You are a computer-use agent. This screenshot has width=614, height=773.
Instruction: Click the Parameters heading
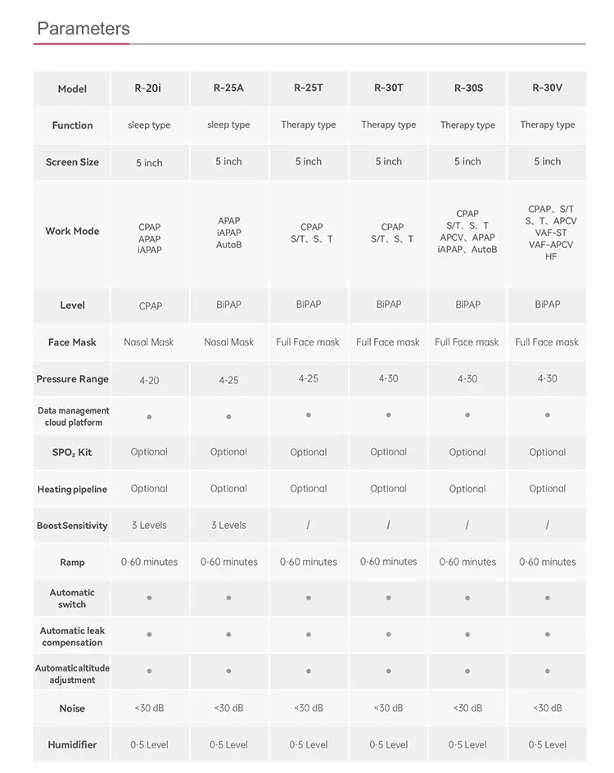(83, 29)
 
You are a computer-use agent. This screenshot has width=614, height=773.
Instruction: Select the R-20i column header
(148, 88)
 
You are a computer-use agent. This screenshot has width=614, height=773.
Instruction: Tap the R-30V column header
(547, 88)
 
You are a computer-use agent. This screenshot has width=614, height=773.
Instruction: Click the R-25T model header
(308, 88)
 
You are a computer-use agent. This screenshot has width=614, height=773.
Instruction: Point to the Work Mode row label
(72, 232)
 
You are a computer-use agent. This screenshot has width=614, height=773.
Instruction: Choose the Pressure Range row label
(72, 379)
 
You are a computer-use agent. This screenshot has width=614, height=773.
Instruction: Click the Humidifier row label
(72, 745)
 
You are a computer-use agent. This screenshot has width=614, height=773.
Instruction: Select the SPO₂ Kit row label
(72, 452)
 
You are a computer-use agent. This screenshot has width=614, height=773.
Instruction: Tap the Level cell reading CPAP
(150, 305)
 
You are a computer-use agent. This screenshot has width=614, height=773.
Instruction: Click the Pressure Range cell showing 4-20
(148, 379)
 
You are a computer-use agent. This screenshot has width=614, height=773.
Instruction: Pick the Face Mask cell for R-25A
(228, 342)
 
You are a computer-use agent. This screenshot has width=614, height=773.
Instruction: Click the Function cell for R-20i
(149, 125)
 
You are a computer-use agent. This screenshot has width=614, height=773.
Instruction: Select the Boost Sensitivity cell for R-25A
(228, 525)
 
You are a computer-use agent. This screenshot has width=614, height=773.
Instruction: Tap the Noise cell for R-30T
(388, 707)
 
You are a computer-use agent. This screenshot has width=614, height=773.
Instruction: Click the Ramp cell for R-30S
(467, 562)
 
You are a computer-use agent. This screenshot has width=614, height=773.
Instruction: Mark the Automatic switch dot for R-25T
(308, 598)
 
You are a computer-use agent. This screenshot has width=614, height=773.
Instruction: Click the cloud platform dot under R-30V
(547, 415)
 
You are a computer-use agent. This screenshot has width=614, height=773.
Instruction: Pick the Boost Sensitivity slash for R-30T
(388, 525)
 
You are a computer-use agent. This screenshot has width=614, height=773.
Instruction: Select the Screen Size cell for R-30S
(467, 162)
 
